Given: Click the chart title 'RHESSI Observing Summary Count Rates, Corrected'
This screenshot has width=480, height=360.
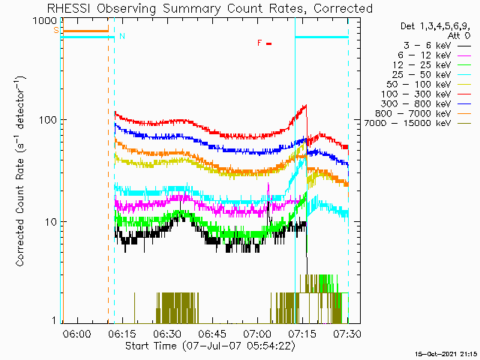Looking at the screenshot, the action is [x=210, y=8].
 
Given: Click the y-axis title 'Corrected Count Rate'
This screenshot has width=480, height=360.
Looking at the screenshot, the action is [x=20, y=212].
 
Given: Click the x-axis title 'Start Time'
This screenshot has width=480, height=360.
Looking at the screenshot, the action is [x=151, y=346].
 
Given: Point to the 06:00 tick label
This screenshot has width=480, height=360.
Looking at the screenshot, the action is [x=76, y=333].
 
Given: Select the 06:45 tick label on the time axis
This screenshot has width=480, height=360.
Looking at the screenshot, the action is [x=211, y=333].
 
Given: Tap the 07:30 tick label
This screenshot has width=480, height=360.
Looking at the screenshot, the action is [x=346, y=333].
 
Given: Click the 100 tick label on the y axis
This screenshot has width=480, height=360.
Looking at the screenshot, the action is [x=48, y=120].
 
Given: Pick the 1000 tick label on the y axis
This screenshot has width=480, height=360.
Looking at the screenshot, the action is [x=45, y=21].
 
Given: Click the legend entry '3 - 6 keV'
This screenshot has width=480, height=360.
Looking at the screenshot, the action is [x=427, y=46].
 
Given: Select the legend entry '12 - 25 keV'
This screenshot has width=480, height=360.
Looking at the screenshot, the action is [x=421, y=65].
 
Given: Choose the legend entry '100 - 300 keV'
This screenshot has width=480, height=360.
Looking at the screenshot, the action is [x=415, y=94].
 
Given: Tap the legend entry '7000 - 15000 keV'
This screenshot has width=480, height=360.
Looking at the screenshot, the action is [x=407, y=123].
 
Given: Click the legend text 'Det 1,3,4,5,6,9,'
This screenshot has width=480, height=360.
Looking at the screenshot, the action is [x=435, y=26].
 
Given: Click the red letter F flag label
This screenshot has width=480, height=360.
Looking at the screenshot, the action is [x=259, y=43].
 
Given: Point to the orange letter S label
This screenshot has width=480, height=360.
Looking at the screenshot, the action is [x=56, y=30].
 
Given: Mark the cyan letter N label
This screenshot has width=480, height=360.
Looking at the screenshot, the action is [x=122, y=36].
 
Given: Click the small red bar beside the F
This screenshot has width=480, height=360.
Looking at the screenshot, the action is [x=268, y=43].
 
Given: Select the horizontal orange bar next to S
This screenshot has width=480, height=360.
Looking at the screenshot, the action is [x=85, y=31].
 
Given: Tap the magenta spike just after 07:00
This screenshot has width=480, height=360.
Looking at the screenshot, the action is [x=268, y=191].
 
